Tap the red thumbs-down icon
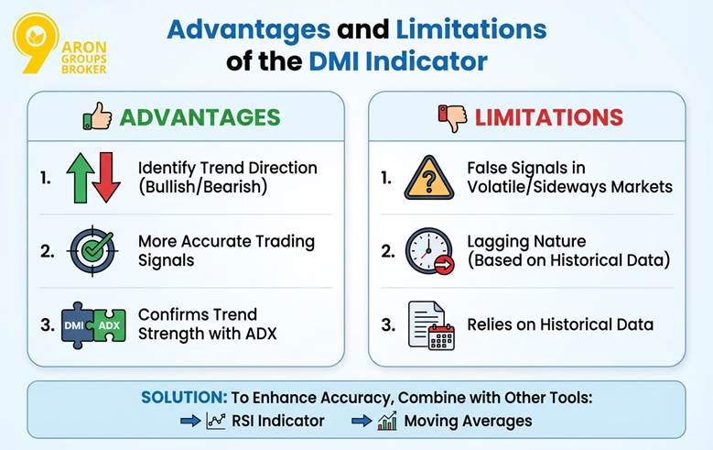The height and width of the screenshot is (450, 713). (451, 116)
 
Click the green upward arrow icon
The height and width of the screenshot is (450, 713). (80, 177)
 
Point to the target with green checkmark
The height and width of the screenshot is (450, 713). (92, 250)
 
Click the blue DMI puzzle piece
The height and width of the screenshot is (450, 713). (76, 324)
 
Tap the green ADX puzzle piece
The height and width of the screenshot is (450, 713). (108, 324)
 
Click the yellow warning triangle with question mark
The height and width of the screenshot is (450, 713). (428, 177)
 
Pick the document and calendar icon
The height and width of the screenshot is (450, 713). (431, 324)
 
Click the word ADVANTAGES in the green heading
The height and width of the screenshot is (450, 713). (200, 117)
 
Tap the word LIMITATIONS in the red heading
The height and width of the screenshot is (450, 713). (549, 117)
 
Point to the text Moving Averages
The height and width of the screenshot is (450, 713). (469, 421)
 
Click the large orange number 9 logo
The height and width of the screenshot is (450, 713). (35, 41)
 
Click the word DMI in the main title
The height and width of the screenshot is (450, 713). (339, 61)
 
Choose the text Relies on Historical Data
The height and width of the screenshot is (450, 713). (560, 324)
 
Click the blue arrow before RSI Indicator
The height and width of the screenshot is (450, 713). (190, 421)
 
